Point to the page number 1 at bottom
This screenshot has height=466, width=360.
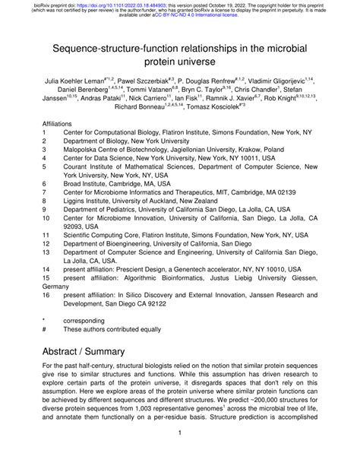click(179, 455)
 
